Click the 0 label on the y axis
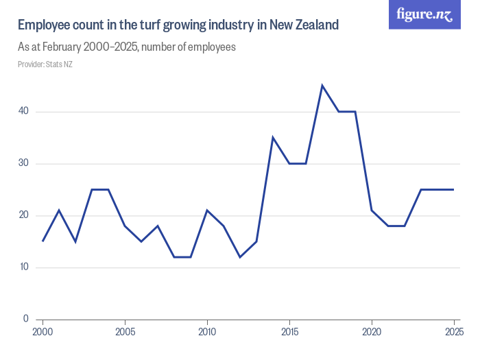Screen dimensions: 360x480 click(25, 319)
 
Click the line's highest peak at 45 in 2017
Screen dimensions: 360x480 click(322, 86)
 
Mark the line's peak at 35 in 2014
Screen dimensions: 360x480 click(273, 138)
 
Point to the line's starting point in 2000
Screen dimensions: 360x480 click(43, 241)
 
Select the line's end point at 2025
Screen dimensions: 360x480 click(454, 189)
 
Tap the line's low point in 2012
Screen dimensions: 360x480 click(240, 257)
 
